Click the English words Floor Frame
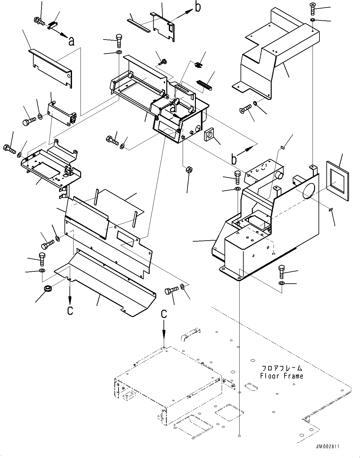(x=281, y=376)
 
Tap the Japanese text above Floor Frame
(x=281, y=368)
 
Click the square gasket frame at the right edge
(x=337, y=180)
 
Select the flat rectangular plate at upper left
(x=52, y=67)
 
